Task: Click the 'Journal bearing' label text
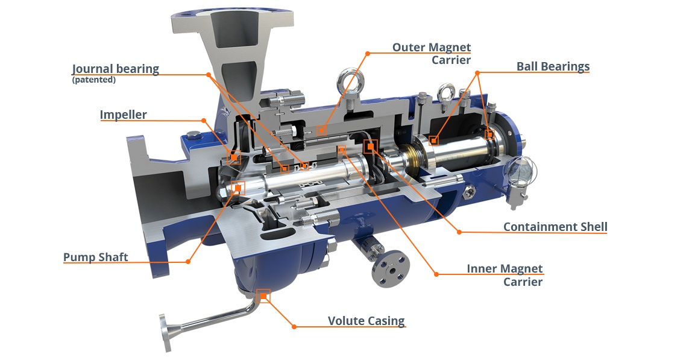(115, 68)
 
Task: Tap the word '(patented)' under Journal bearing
(93, 80)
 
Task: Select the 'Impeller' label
(123, 115)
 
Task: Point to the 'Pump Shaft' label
(95, 257)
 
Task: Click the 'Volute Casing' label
(366, 321)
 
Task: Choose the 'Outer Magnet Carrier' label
(432, 53)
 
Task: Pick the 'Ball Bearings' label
(553, 66)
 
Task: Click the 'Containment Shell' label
(555, 227)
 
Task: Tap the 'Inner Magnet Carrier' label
(505, 275)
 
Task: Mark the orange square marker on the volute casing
(263, 296)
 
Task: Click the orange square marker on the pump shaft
(238, 188)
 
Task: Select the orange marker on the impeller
(233, 157)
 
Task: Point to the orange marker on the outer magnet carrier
(321, 130)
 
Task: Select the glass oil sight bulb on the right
(520, 171)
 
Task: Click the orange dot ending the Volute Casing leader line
(294, 326)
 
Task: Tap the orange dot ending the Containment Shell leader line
(459, 232)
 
